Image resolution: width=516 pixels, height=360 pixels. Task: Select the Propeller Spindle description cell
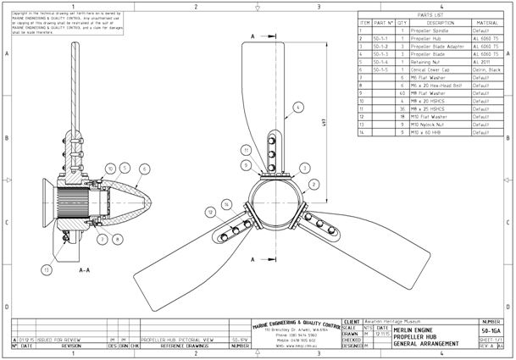pos(431,30)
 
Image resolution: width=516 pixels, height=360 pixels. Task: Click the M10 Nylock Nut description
pos(430,125)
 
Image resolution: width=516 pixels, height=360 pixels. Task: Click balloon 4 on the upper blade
pos(297,108)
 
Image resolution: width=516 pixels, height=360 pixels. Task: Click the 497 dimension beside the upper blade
pos(325,120)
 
